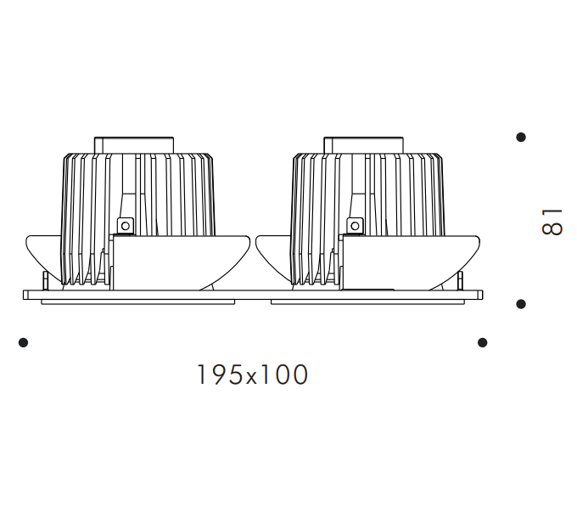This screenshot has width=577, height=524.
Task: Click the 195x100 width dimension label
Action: click(x=253, y=375)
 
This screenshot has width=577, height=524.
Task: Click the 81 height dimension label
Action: click(x=552, y=222)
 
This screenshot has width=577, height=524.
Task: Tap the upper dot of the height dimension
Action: click(x=521, y=137)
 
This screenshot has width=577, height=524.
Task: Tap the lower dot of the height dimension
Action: click(x=521, y=304)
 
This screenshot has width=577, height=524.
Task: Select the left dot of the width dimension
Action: click(x=23, y=342)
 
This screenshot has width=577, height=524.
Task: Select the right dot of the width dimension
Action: click(x=483, y=342)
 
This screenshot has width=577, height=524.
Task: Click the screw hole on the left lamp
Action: click(x=125, y=226)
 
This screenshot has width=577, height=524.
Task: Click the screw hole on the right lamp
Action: click(x=355, y=226)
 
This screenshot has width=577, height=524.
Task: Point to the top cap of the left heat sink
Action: click(x=134, y=145)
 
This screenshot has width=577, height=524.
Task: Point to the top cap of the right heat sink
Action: click(x=363, y=145)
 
